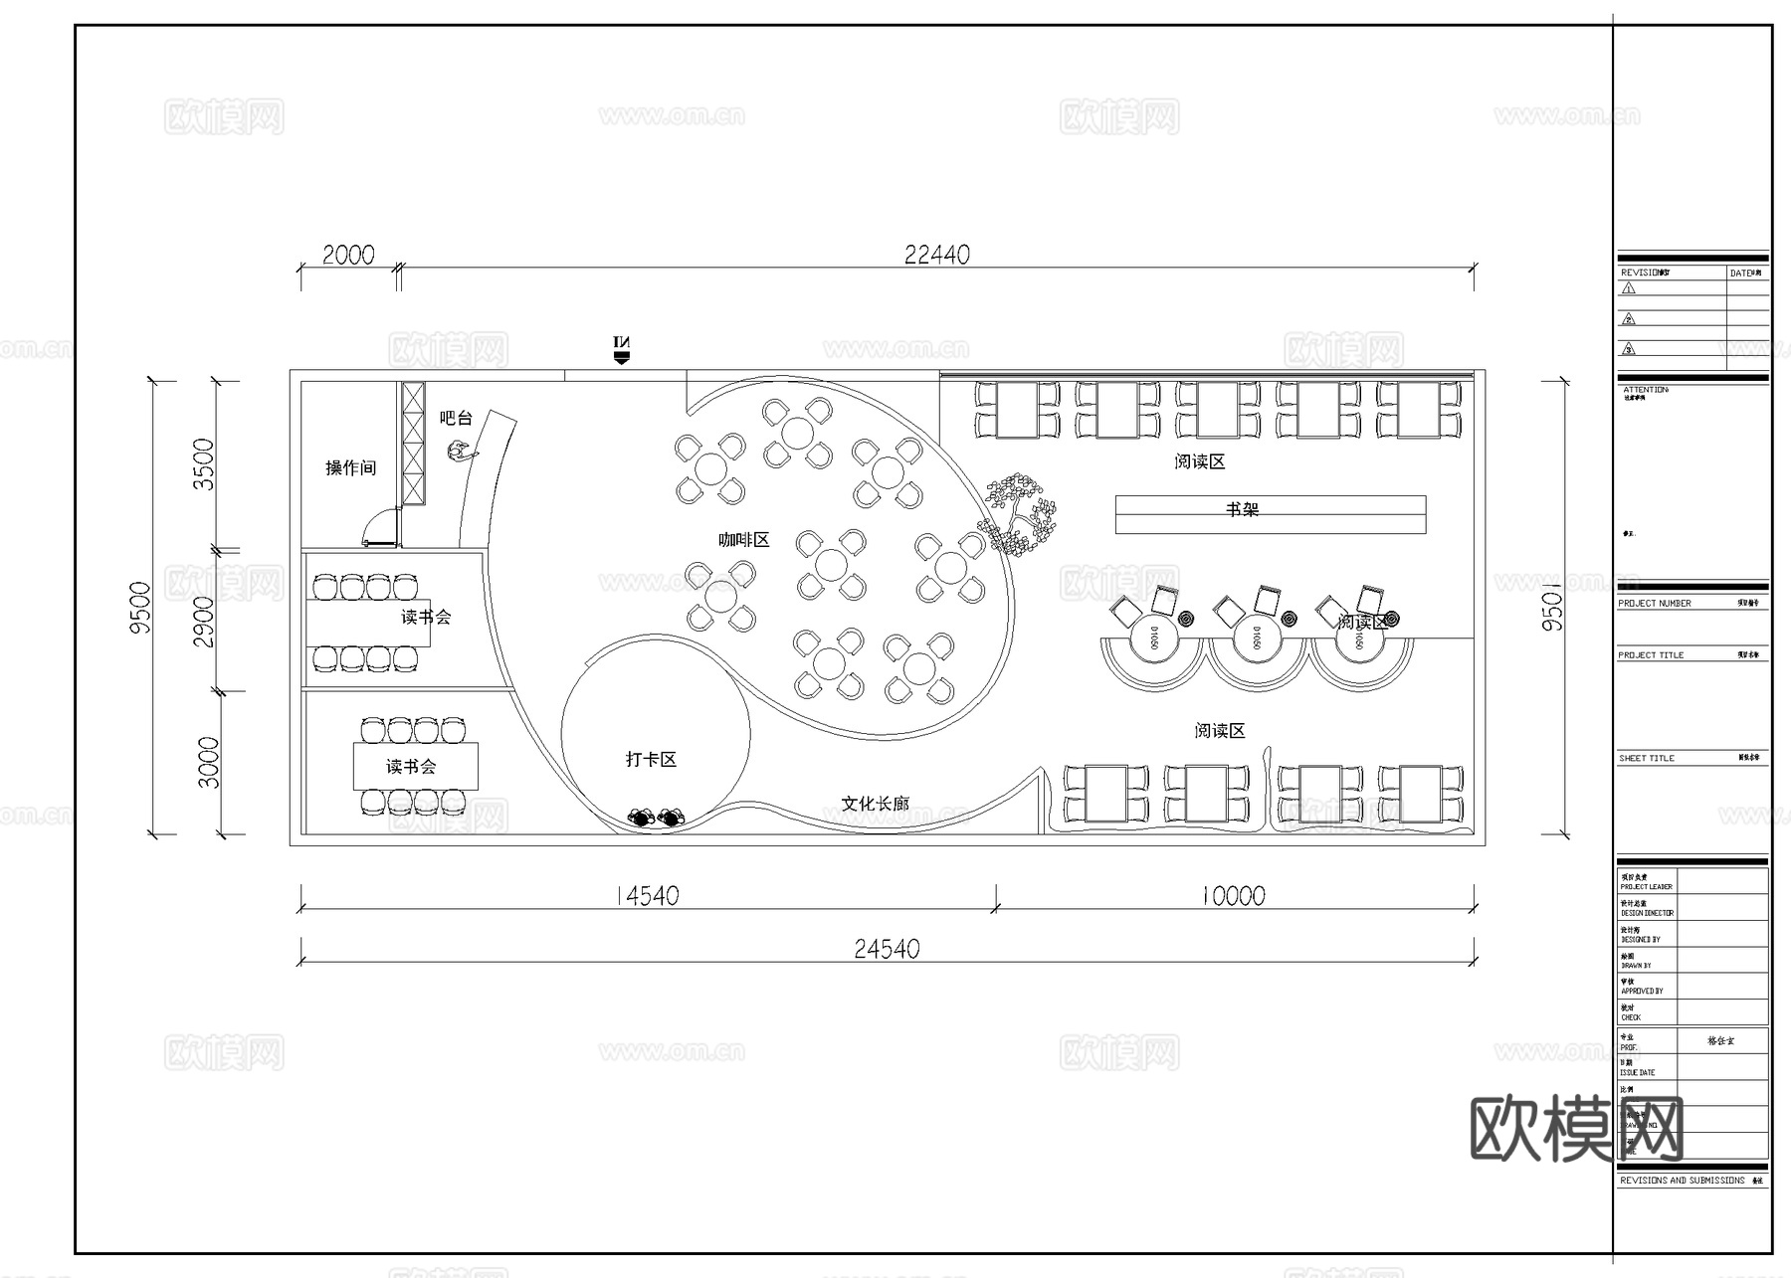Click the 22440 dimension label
(x=936, y=255)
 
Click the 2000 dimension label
(x=348, y=256)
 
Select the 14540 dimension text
(x=647, y=896)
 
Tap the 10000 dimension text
(x=1233, y=896)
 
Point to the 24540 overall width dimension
(x=887, y=949)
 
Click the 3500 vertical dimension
(x=204, y=464)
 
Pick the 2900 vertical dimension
(x=204, y=622)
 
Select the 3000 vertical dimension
(x=208, y=762)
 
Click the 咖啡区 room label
(x=744, y=540)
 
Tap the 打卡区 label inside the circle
(x=651, y=760)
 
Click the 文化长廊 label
(x=875, y=804)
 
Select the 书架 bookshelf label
(x=1242, y=509)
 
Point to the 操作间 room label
(x=350, y=467)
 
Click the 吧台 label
(x=456, y=418)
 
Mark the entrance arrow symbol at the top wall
(x=622, y=349)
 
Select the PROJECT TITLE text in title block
(x=1651, y=655)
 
